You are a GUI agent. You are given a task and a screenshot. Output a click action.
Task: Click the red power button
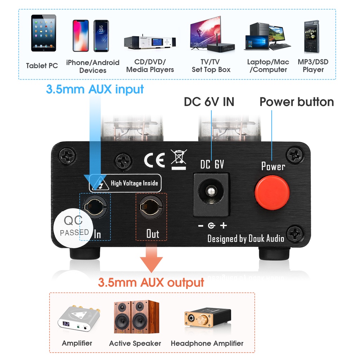272,192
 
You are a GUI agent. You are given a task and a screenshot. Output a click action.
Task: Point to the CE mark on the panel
154,160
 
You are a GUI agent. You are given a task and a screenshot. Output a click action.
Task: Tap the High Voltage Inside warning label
125,183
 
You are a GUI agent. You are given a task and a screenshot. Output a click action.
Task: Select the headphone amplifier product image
207,318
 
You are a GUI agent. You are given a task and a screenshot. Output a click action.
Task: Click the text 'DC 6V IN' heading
209,102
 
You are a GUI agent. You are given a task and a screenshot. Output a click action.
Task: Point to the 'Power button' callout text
296,102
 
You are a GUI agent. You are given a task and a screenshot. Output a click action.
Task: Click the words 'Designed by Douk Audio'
245,238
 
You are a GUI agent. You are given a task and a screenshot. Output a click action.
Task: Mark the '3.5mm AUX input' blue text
95,89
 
